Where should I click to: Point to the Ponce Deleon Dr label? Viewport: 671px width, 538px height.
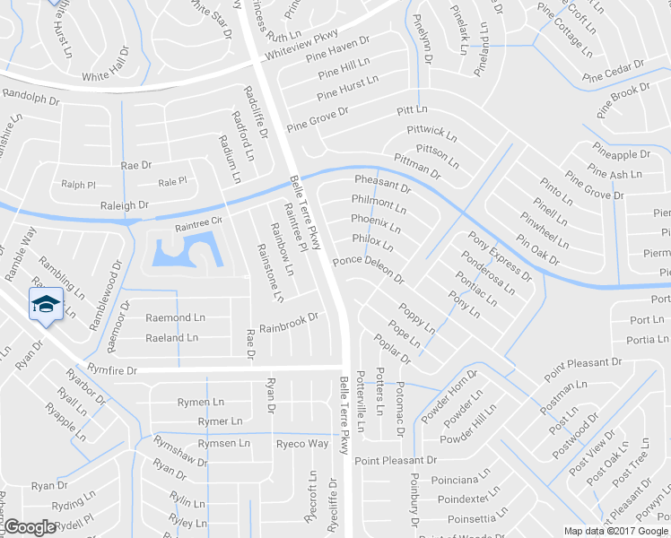368,271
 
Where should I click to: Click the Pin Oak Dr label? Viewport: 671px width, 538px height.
538,250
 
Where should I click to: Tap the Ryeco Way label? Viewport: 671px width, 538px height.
302,444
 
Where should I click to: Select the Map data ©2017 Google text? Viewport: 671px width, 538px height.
615,531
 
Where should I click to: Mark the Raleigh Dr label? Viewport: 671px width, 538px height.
124,205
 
